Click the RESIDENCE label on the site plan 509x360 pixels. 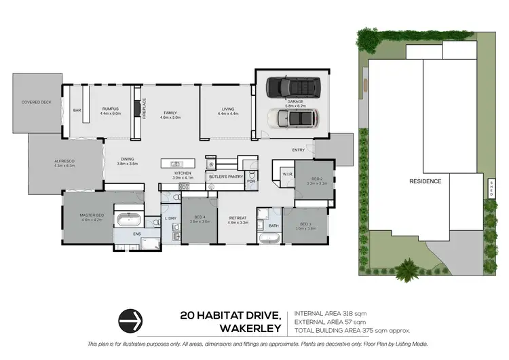pos(426,181)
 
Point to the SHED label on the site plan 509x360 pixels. pos(491,185)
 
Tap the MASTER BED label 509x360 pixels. pos(90,217)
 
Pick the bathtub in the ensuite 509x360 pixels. pos(129,219)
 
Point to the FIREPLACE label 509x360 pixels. pos(143,109)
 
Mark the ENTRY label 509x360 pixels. pos(298,149)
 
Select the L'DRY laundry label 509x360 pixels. pos(170,218)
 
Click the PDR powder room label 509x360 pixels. pos(250,181)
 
